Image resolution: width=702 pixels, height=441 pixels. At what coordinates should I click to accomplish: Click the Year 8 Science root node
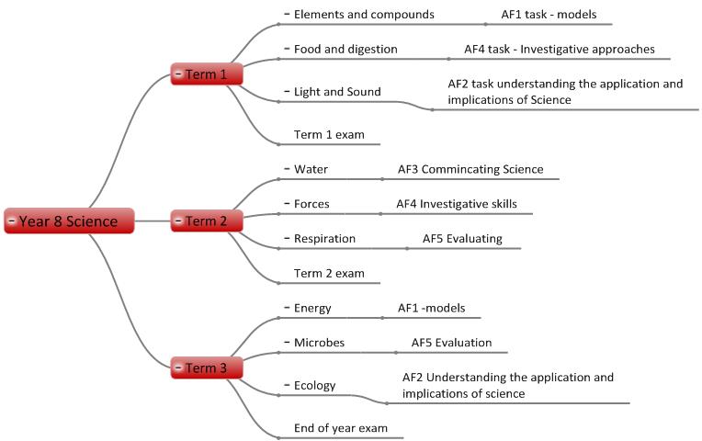(69, 220)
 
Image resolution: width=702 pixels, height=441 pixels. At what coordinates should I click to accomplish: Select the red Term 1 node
(206, 73)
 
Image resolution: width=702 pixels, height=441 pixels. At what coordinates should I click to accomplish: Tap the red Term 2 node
(206, 220)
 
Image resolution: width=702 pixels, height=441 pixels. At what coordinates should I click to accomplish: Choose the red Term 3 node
(206, 368)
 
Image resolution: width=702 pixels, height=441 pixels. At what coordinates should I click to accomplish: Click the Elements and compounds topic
(364, 15)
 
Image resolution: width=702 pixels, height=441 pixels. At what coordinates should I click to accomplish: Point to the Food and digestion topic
(345, 49)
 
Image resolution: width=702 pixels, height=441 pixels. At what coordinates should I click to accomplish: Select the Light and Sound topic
(337, 92)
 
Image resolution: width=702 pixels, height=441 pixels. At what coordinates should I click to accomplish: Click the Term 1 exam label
(329, 135)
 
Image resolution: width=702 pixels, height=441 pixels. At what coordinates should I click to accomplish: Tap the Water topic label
(311, 169)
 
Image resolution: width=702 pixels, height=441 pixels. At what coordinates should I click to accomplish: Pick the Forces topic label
(311, 204)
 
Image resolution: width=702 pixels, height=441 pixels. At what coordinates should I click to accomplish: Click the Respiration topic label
(324, 239)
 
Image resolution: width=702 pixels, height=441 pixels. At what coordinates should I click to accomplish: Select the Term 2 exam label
(329, 273)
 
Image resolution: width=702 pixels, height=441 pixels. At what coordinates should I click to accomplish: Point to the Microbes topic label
(319, 343)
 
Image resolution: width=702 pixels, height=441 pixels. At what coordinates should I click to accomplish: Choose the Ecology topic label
(314, 386)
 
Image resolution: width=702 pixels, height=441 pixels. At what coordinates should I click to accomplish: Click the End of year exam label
(340, 428)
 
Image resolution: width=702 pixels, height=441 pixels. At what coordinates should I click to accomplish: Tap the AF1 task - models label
(548, 15)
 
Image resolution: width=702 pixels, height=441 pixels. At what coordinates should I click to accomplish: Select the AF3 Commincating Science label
(470, 169)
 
